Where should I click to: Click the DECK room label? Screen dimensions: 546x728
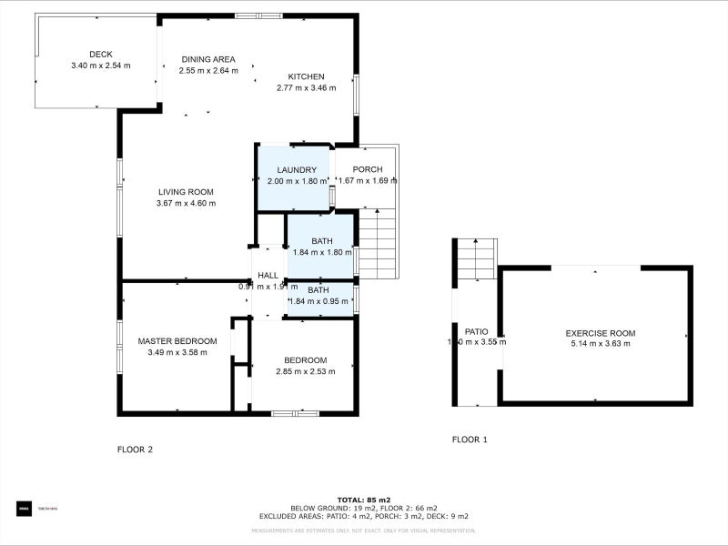tap(100, 54)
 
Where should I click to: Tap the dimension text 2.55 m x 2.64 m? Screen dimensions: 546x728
tap(208, 70)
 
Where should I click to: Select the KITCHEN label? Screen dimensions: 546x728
tap(306, 76)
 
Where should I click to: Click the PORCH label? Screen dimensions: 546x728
tap(367, 169)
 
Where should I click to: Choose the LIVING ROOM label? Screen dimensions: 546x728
tap(186, 192)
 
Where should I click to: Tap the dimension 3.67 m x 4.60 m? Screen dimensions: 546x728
tap(186, 204)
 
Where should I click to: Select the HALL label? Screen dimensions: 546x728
tap(268, 276)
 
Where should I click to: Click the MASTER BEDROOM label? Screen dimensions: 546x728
tap(177, 341)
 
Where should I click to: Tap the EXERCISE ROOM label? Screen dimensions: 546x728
tap(600, 333)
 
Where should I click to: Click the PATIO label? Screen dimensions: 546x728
tap(477, 331)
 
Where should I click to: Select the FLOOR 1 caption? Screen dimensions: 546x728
tap(470, 440)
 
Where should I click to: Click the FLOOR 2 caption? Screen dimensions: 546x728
tap(135, 450)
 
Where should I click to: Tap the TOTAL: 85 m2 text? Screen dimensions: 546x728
tap(364, 500)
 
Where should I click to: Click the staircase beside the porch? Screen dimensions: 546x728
tap(378, 244)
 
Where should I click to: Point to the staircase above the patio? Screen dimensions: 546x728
tap(475, 259)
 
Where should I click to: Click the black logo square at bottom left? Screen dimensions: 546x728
tap(23, 508)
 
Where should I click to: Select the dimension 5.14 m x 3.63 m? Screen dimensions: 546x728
tap(600, 344)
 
